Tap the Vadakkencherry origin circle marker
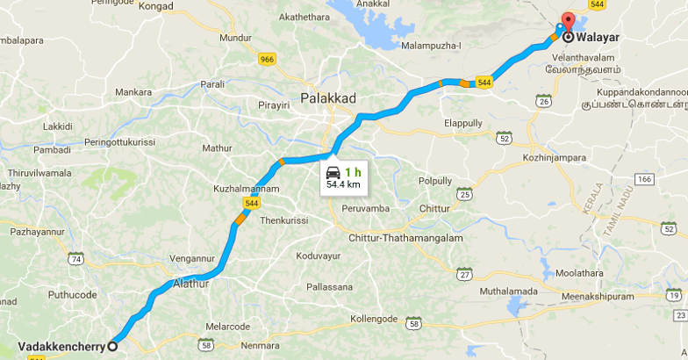[112, 347]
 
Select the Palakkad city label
[328, 98]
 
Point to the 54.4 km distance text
[343, 185]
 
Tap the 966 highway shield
[267, 60]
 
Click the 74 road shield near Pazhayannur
[76, 259]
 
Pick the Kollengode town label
[375, 318]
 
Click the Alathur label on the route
[192, 284]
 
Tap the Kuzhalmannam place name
[247, 189]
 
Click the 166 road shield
[645, 179]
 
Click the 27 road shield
[463, 274]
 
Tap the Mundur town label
[235, 39]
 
